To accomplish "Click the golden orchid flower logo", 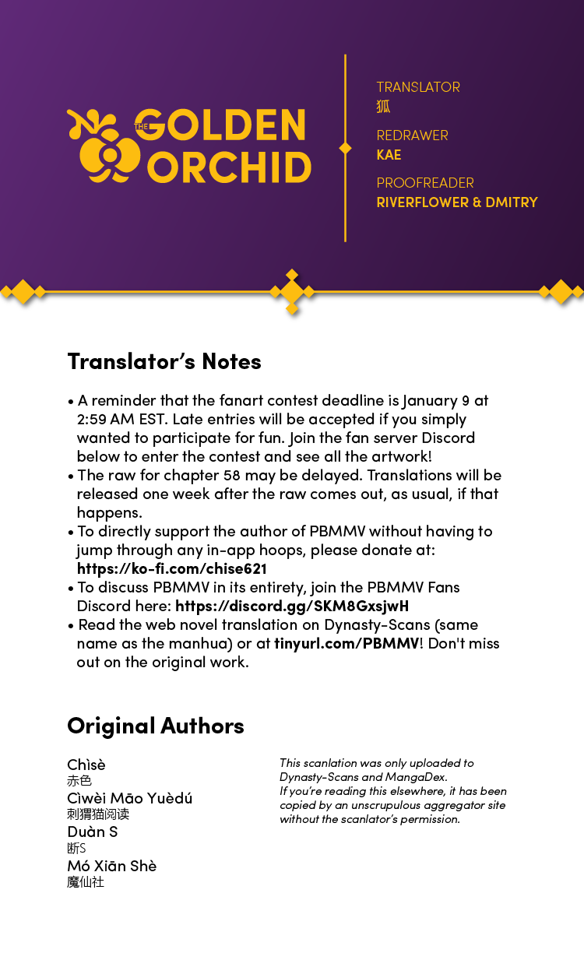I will click(103, 147).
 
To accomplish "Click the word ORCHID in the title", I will click(230, 167).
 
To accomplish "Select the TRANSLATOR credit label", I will click(418, 87).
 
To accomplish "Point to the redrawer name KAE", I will click(389, 154).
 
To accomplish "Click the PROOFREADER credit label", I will click(425, 183).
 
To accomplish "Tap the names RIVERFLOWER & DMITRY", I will click(457, 202).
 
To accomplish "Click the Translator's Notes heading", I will click(164, 361).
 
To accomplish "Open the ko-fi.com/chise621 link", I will click(171, 568).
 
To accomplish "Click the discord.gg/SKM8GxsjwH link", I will click(292, 606).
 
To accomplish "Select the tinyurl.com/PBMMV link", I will click(347, 643).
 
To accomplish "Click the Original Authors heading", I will click(156, 726).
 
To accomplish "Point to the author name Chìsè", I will click(86, 765).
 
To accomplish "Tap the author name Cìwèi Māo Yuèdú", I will click(129, 798).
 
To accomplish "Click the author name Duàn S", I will click(93, 832).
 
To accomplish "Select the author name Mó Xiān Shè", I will click(111, 866).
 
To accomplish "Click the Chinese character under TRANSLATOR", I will click(383, 107).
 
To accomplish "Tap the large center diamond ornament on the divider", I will click(292, 292).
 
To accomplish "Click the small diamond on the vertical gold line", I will click(345, 148).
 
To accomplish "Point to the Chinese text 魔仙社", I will click(86, 882).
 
